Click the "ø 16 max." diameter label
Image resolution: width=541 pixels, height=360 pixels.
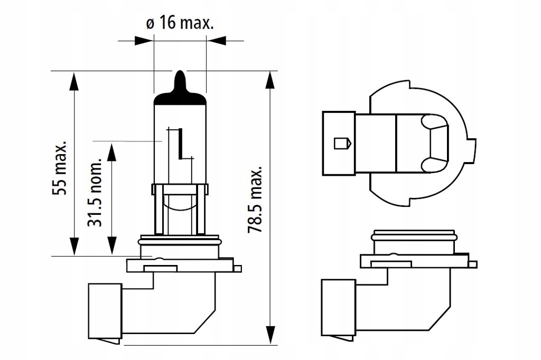179,24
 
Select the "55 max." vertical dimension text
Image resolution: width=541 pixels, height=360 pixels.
60,168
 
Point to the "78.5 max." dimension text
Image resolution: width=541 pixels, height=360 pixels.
255,201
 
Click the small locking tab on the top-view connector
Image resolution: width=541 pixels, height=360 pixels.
341,143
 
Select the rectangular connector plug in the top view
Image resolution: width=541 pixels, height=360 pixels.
338,143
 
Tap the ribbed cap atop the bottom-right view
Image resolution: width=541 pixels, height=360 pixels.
413,234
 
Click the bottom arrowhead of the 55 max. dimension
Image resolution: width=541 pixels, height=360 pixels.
73,245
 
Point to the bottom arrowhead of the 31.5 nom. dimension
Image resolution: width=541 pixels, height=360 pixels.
111,245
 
